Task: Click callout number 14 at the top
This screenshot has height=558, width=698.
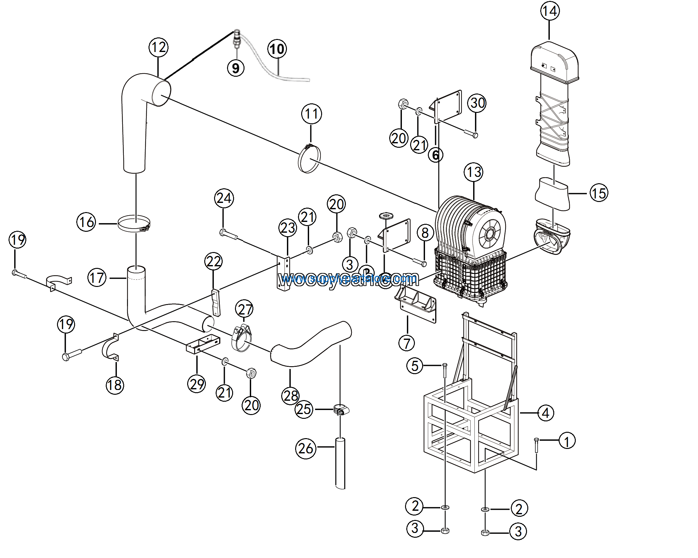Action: pos(550,11)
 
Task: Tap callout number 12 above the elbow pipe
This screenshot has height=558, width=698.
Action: pos(158,47)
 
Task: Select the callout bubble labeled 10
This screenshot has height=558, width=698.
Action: pos(277,49)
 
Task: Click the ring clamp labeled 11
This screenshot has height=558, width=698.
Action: pos(309,159)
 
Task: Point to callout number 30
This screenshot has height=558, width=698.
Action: pos(477,103)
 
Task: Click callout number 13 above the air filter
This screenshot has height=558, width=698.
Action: pos(474,172)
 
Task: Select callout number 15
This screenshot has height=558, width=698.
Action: pos(599,193)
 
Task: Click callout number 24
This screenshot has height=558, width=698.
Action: pos(224,198)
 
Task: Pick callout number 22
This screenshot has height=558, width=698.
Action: pos(213,261)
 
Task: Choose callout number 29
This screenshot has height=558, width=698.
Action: pos(197,384)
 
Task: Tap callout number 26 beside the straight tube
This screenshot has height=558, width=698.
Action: pos(306,449)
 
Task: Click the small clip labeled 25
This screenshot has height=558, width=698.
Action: pos(341,411)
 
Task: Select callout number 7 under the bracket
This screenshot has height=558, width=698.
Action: pos(407,343)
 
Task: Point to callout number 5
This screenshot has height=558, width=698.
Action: pos(415,366)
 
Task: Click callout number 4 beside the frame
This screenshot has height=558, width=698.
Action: pos(546,413)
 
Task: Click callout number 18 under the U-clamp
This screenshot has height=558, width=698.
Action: pos(115,385)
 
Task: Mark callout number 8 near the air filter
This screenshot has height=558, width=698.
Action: pos(425,233)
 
